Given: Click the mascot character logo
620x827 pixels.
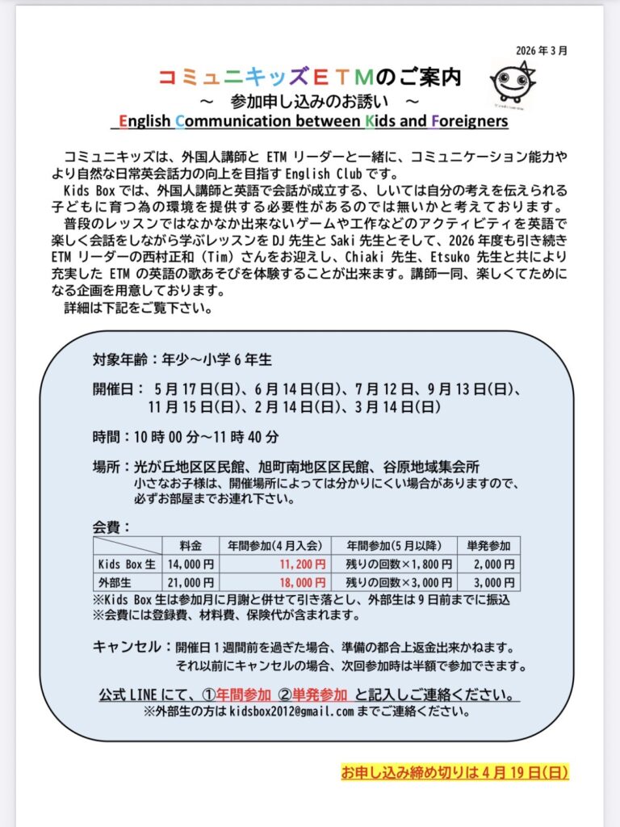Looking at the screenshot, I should [x=513, y=83].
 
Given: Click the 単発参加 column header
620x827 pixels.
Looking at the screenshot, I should [x=488, y=545].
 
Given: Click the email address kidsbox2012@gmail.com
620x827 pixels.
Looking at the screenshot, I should [x=292, y=712].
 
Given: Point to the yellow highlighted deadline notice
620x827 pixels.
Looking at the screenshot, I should [x=455, y=772].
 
